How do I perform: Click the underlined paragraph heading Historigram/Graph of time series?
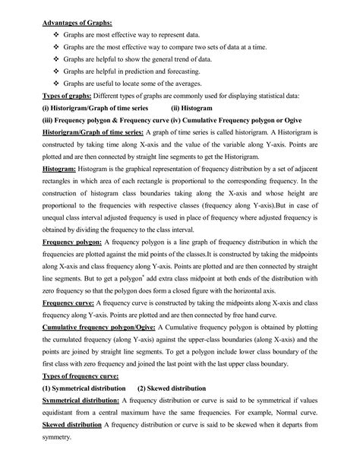tap(94, 139)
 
